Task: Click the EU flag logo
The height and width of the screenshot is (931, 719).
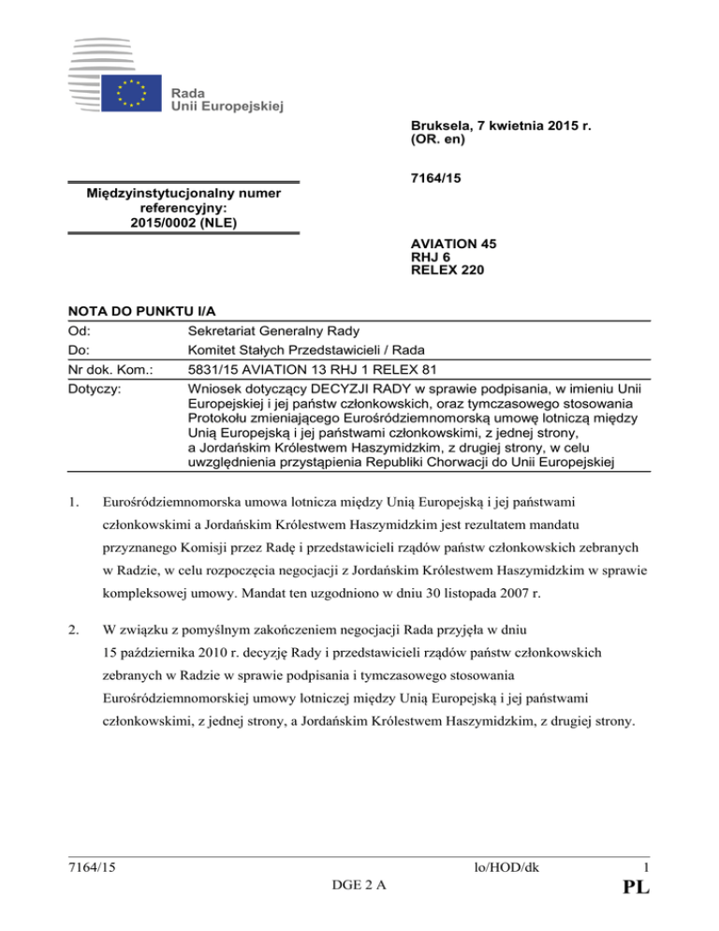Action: [x=133, y=95]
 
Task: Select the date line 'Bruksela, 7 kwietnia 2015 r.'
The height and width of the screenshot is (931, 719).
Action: [x=506, y=126]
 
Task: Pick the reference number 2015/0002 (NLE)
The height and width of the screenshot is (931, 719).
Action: [x=183, y=222]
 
